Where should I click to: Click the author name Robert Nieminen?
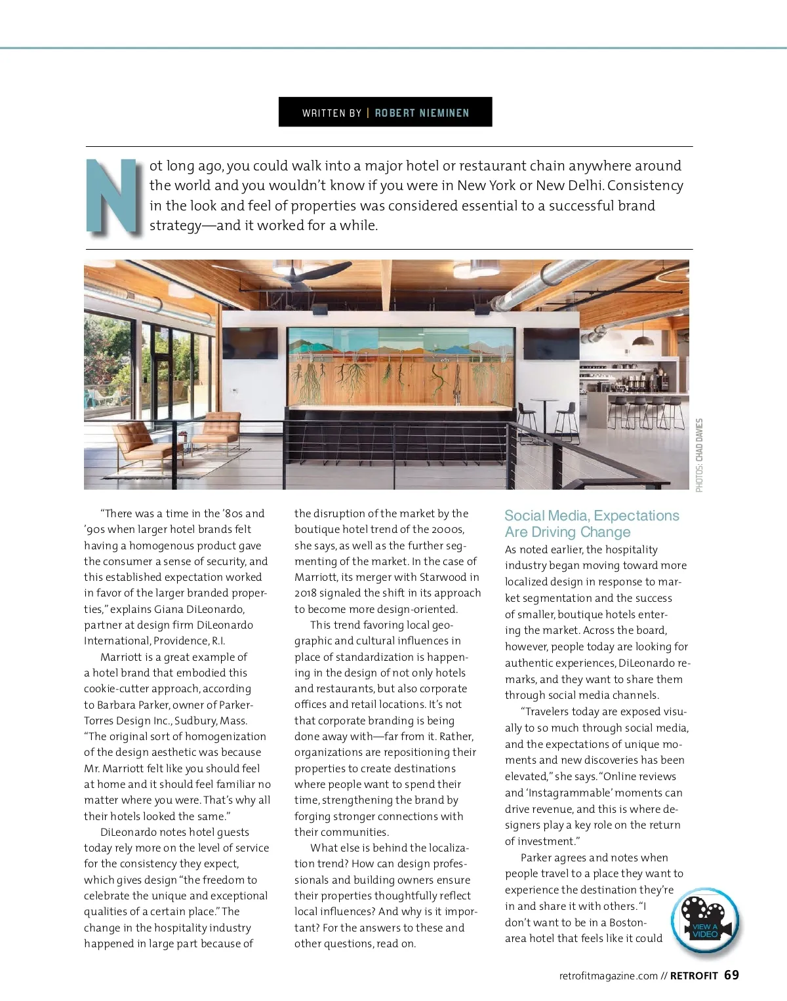422,113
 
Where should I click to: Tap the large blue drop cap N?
113,196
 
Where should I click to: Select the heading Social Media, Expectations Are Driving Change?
592,524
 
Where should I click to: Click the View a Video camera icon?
706,921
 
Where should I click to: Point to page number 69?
731,975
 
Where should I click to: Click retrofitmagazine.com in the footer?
608,975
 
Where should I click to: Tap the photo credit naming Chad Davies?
699,455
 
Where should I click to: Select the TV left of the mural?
250,343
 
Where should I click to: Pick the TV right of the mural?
551,344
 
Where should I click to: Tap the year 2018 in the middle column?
306,593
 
